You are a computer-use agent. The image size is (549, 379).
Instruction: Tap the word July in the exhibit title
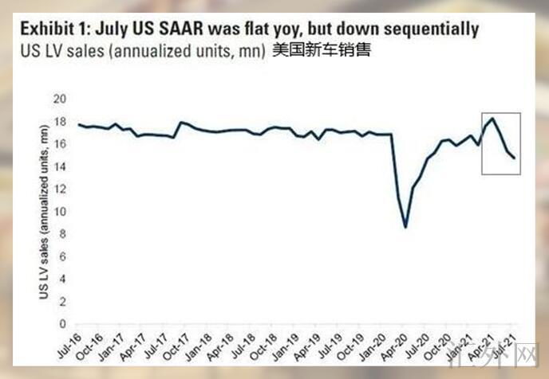click(x=114, y=30)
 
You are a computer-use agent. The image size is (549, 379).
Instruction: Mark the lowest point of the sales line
click(x=405, y=227)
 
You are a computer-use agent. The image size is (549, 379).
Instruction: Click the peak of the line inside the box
click(x=492, y=119)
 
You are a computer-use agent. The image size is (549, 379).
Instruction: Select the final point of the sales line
click(x=513, y=158)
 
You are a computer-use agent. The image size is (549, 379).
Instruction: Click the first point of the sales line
click(x=78, y=124)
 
